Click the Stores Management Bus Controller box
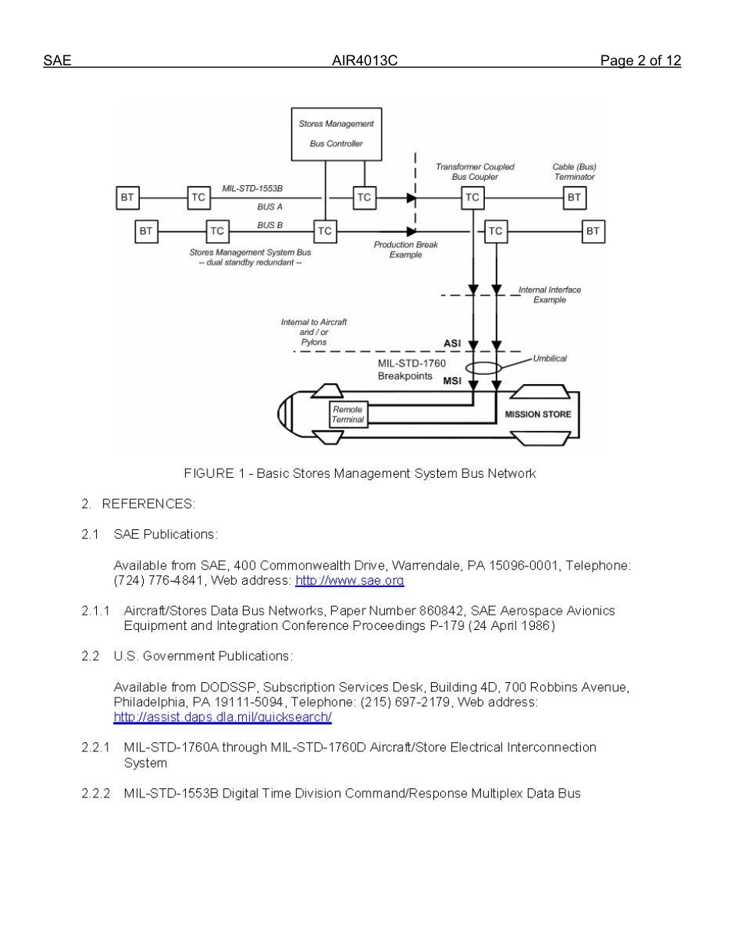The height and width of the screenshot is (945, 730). pos(336,134)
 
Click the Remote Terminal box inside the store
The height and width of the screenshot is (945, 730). pos(347,415)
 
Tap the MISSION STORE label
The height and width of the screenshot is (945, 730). pos(538,414)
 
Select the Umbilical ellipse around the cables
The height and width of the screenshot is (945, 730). pos(483,368)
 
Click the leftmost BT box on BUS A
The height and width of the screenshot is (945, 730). pos(127,197)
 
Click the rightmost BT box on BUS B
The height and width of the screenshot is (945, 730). pos(592,230)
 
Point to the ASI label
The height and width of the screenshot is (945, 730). pos(452,343)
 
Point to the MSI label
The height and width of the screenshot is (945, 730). pos(452,381)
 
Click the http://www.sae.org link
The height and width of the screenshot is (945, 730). pos(350,581)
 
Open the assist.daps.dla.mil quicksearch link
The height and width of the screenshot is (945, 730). pos(222,718)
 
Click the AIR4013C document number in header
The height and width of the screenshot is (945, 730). pos(364,61)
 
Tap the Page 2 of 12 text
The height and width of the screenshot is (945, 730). pos(640,61)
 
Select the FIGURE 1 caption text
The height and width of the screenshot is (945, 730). pos(360,473)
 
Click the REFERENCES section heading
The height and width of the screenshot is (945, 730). pos(148,504)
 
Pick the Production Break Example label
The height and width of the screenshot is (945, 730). pos(405,250)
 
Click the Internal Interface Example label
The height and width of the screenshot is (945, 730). pos(549,295)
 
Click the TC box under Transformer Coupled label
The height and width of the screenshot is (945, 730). pos(472,197)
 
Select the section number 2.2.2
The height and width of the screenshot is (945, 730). pos(95,793)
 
